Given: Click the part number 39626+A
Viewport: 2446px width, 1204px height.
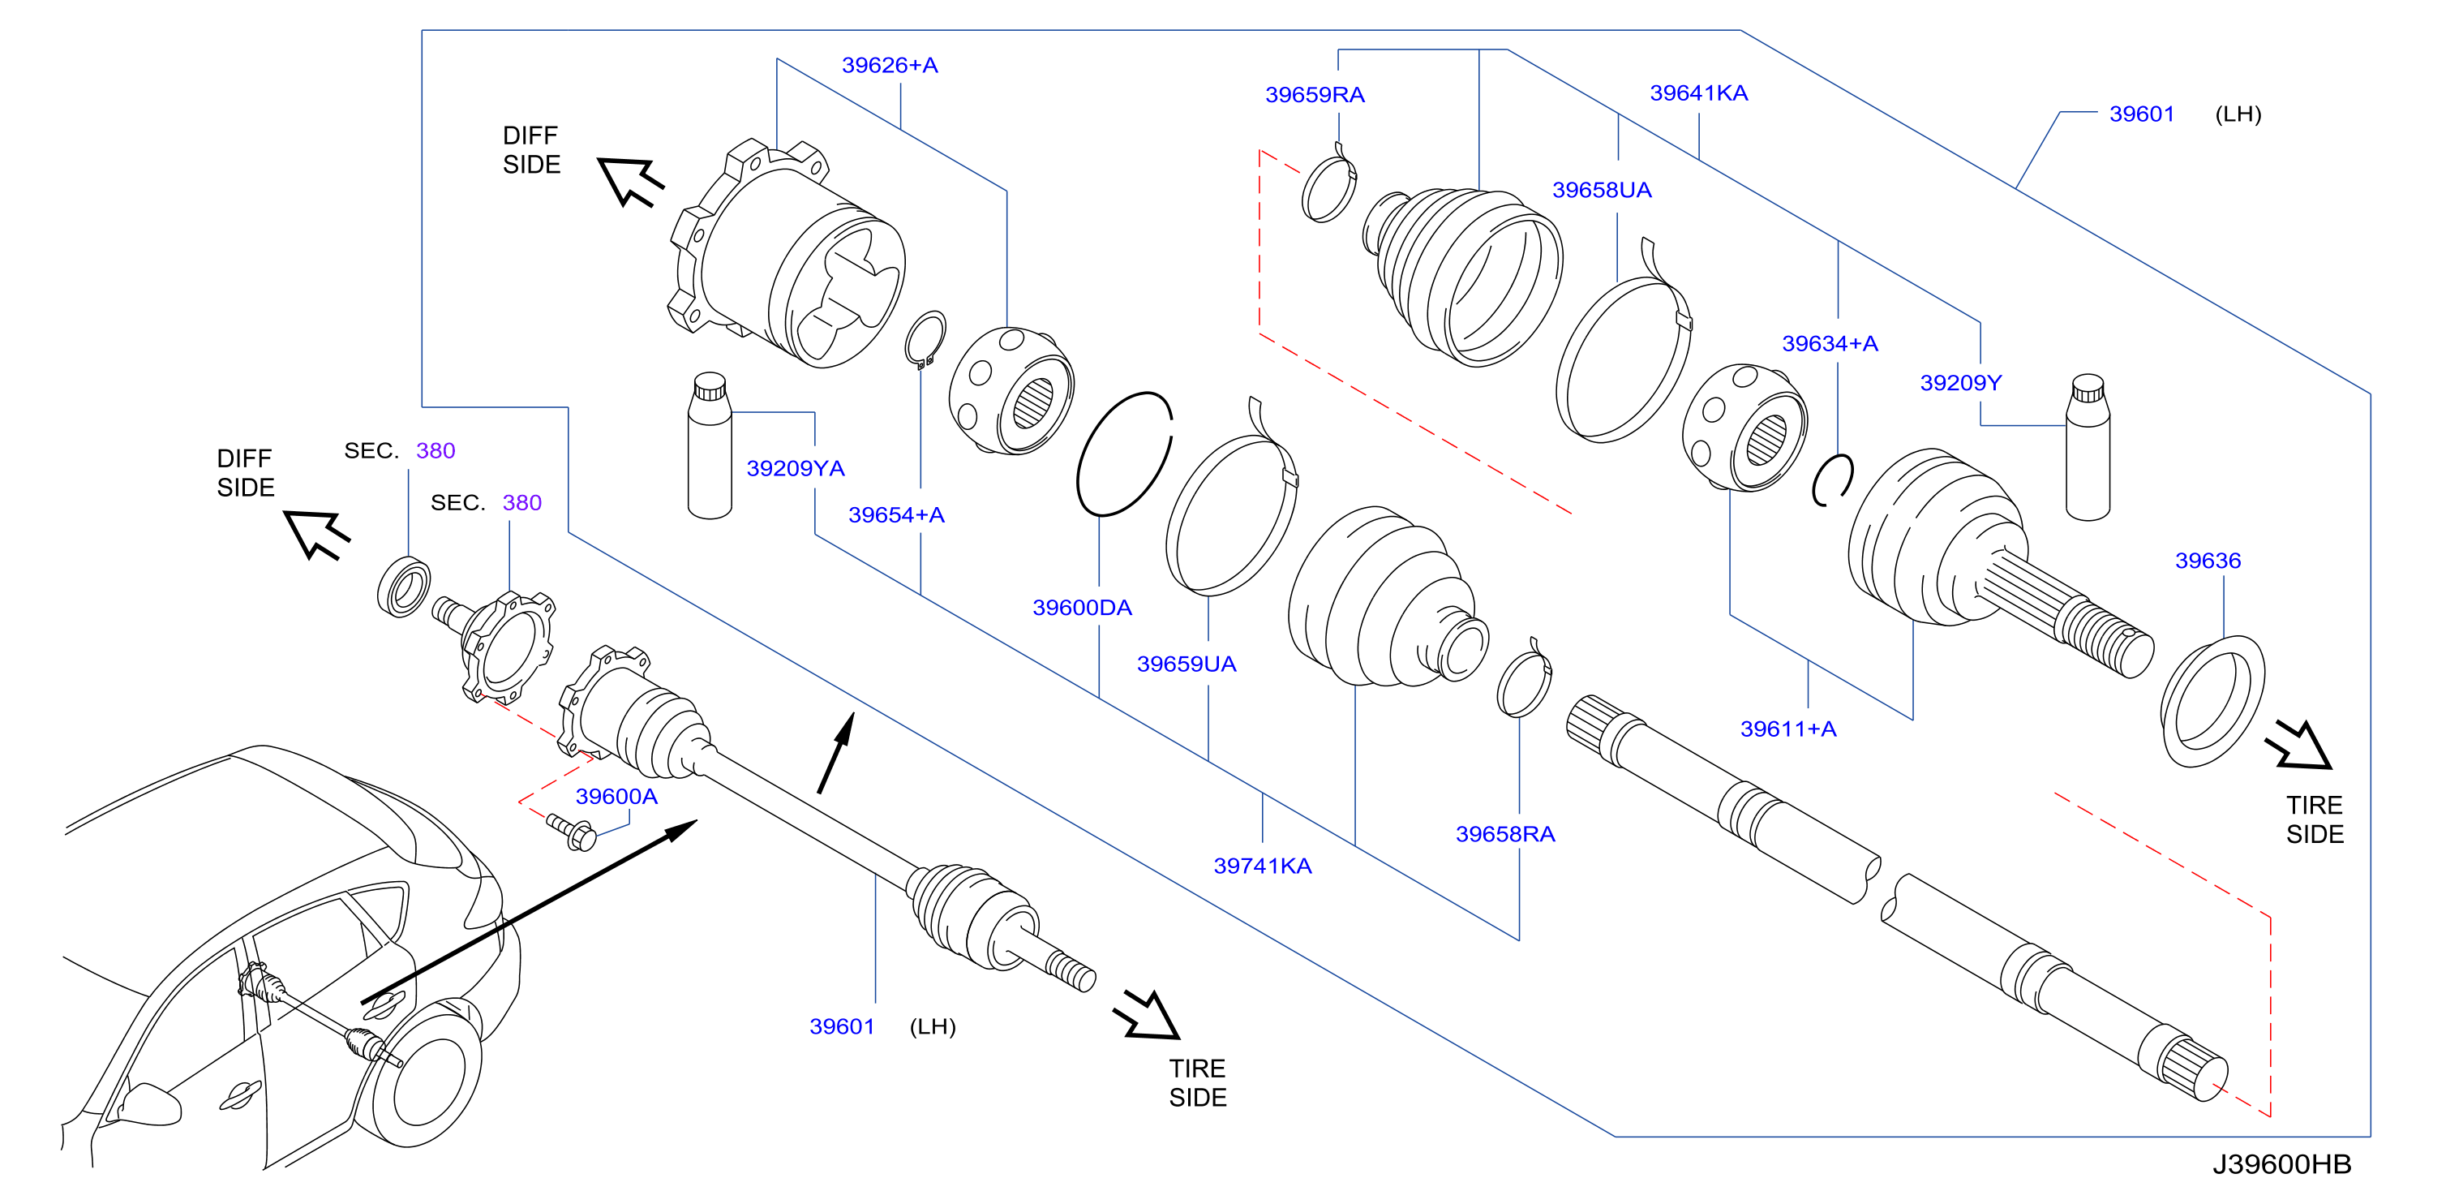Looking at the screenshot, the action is (x=890, y=65).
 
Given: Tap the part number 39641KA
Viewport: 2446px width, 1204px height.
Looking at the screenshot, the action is (x=1699, y=92).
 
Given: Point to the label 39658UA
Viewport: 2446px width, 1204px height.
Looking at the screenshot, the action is (x=1602, y=190).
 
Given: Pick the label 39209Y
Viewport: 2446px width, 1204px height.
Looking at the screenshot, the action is (x=1961, y=383).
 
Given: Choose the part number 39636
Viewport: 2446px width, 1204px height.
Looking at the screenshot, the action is (x=2208, y=561).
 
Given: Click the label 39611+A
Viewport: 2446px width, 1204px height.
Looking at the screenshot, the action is (x=1788, y=729).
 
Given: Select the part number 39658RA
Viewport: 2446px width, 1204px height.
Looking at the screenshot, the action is (x=1505, y=834).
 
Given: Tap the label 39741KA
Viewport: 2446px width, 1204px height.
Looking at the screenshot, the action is (x=1263, y=865).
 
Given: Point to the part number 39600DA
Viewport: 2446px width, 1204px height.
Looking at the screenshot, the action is (x=1083, y=607).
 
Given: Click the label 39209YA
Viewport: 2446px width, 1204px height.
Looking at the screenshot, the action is (x=796, y=468).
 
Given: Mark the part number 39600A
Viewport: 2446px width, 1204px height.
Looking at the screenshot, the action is (x=616, y=796).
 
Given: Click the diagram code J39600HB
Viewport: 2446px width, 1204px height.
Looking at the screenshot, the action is (x=2281, y=1164).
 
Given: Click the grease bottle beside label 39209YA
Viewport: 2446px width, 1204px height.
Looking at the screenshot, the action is (x=710, y=445).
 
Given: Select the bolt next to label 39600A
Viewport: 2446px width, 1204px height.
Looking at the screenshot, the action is (x=572, y=832).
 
